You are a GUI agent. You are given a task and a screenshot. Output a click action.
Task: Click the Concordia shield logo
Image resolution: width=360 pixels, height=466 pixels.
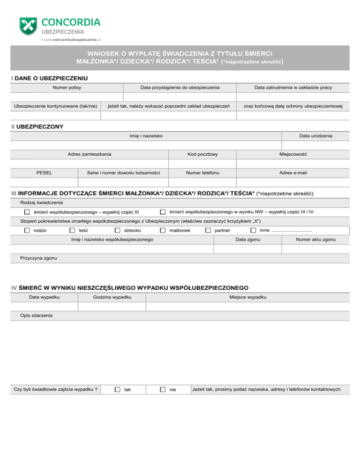coord(29,27)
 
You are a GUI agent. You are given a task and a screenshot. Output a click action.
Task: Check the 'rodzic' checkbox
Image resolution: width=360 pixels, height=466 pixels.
coord(27,230)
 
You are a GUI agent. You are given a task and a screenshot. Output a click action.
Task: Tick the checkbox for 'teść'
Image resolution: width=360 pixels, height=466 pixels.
coord(72,230)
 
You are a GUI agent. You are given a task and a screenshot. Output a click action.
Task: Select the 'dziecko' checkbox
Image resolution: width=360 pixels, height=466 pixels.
coord(117,230)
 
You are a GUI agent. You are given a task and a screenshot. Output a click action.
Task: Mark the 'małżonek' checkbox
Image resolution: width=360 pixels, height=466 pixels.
coord(162,230)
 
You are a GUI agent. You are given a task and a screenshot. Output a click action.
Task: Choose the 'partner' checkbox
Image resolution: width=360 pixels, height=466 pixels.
coord(208,230)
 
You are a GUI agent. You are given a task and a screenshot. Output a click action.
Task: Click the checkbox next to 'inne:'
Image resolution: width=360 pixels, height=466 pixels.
coord(253,230)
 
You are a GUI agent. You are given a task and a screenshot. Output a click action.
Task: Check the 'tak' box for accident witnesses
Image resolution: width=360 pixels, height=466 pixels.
coord(118,390)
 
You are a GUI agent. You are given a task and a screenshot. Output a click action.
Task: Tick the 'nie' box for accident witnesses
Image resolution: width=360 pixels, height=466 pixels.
coord(163,390)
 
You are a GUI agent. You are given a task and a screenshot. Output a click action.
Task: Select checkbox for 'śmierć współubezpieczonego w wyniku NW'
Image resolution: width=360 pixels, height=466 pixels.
coord(163,212)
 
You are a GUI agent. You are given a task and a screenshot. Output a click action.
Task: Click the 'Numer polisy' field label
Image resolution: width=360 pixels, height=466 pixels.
coord(66,88)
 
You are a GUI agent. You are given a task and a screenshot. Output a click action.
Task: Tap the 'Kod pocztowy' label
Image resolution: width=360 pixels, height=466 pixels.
coord(202,154)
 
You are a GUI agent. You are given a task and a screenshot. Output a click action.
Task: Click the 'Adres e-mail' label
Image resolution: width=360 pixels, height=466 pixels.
coord(293,173)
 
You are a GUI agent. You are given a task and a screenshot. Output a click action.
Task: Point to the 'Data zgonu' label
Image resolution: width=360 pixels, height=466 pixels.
coord(248,240)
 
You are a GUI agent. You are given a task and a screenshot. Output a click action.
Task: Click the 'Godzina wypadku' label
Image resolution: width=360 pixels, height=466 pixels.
coord(112,298)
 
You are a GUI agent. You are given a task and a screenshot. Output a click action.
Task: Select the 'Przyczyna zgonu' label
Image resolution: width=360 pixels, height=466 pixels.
coord(40,258)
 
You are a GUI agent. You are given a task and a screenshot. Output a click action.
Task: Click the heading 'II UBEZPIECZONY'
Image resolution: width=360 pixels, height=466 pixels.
coord(37,127)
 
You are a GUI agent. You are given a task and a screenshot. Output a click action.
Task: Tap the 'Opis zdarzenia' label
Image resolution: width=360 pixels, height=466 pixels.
coord(37,316)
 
